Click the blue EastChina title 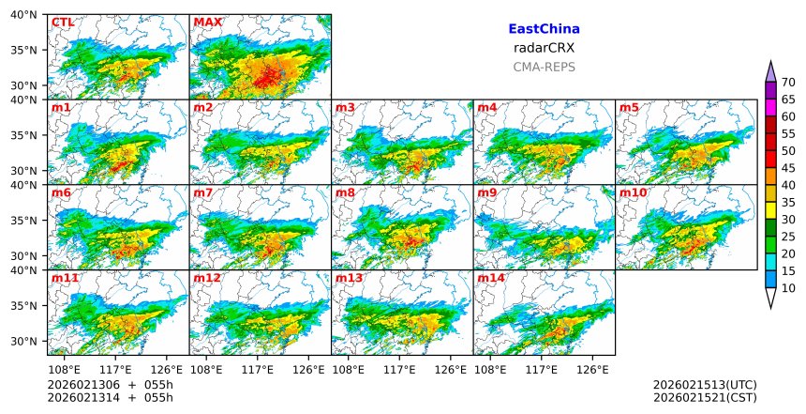544,30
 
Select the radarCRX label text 544,48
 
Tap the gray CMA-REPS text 544,67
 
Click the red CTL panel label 63,23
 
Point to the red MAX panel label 207,23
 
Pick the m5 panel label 629,108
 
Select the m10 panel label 633,193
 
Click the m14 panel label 491,279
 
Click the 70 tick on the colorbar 788,83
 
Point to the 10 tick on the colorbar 788,288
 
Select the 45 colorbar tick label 788,168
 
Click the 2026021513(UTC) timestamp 705,385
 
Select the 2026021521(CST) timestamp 705,398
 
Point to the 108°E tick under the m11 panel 65,369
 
